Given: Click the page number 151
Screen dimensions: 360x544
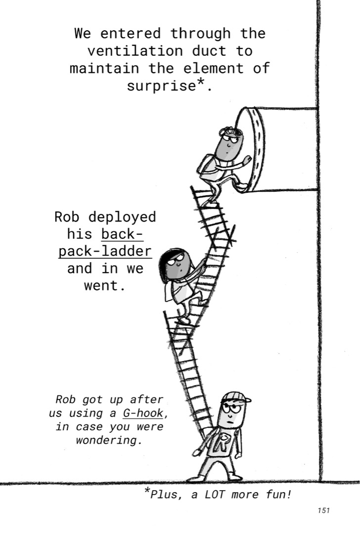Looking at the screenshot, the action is point(323,510).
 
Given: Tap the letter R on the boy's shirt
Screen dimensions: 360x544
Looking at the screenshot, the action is point(224,442).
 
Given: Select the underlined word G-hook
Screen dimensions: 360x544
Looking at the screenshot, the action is point(142,413).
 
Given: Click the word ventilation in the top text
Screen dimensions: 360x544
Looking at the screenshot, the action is point(135,51).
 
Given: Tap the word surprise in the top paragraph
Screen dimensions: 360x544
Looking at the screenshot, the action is point(162,86).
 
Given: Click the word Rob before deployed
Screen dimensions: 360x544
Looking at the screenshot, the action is point(67,217).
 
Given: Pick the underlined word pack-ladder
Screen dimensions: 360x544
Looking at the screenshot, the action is point(105,251).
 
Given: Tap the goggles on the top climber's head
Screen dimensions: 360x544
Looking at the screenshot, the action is point(230,131).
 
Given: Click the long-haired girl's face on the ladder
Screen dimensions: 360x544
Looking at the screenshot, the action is point(179,265).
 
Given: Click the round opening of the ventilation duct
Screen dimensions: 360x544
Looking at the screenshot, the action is point(251,149).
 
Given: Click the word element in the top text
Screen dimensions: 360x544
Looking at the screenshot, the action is point(213,68).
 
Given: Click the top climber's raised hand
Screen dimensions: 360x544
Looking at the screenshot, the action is point(247,161).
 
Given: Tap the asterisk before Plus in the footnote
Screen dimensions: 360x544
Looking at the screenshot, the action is point(147,491).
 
